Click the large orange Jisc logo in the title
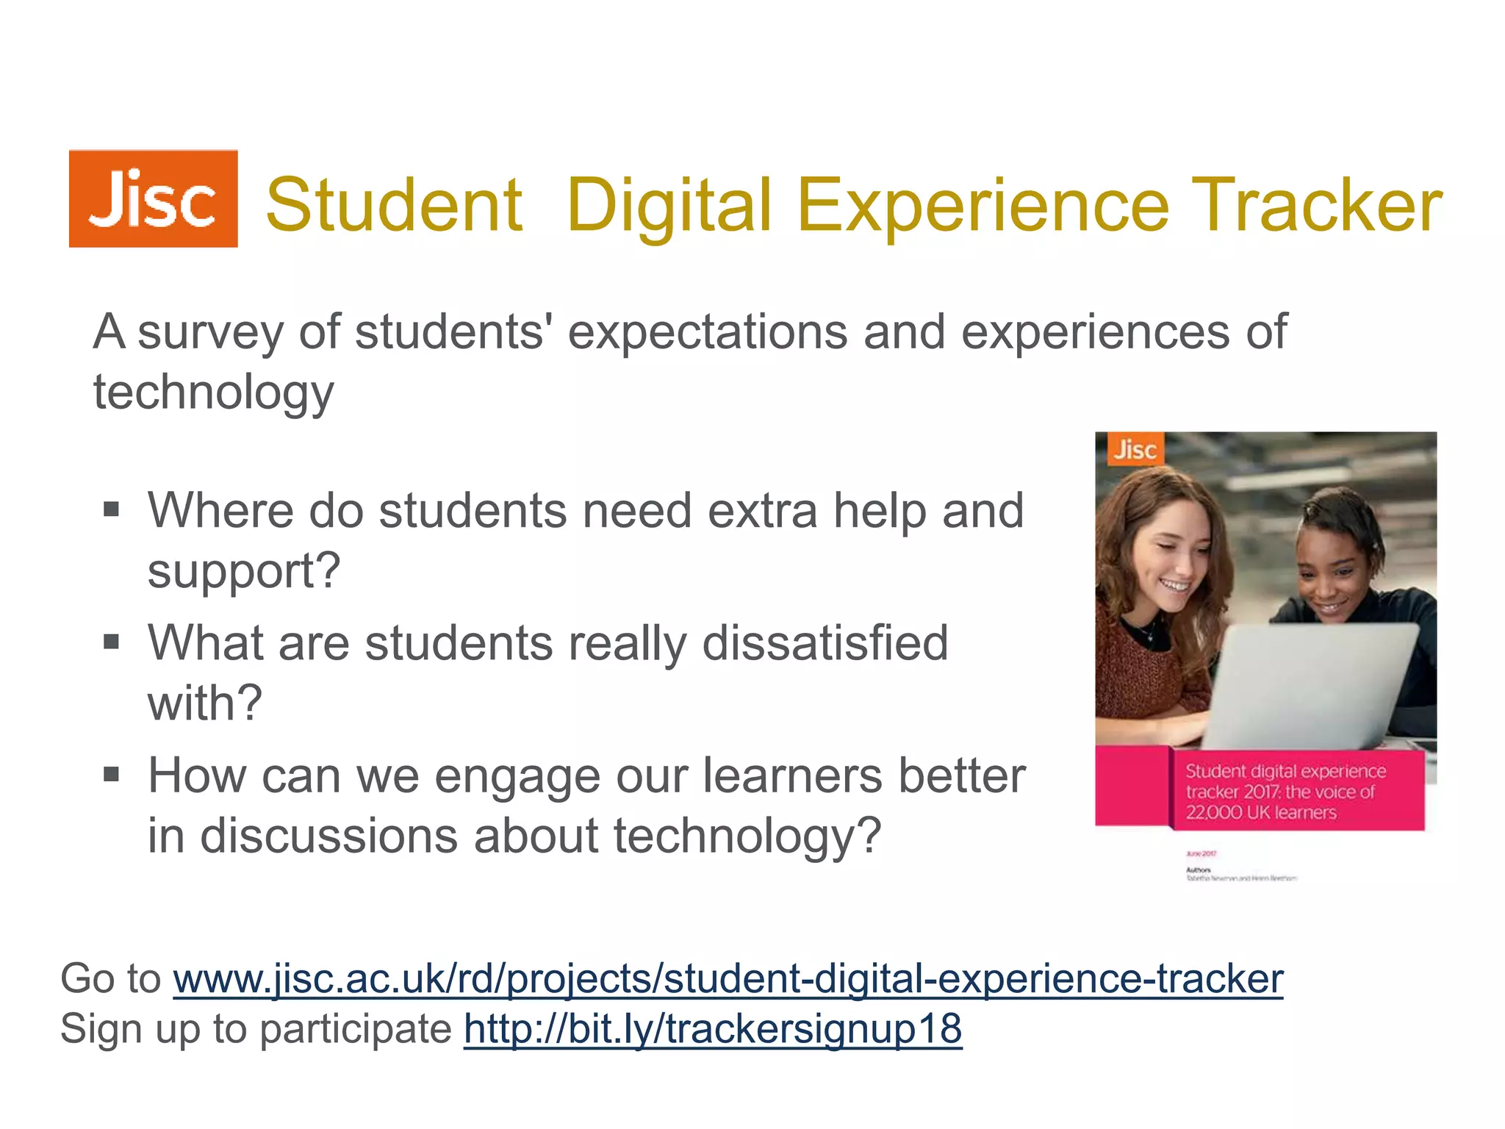point(153,198)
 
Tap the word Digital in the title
point(669,206)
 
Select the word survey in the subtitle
point(210,332)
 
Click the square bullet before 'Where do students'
point(112,509)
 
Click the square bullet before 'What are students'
point(112,642)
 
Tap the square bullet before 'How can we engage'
point(112,775)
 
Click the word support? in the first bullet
point(244,571)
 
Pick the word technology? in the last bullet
point(747,836)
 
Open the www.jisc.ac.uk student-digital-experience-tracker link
point(728,979)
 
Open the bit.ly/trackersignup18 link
point(713,1029)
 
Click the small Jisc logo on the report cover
point(1135,449)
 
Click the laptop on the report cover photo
point(1315,684)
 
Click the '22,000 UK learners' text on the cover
point(1260,813)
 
